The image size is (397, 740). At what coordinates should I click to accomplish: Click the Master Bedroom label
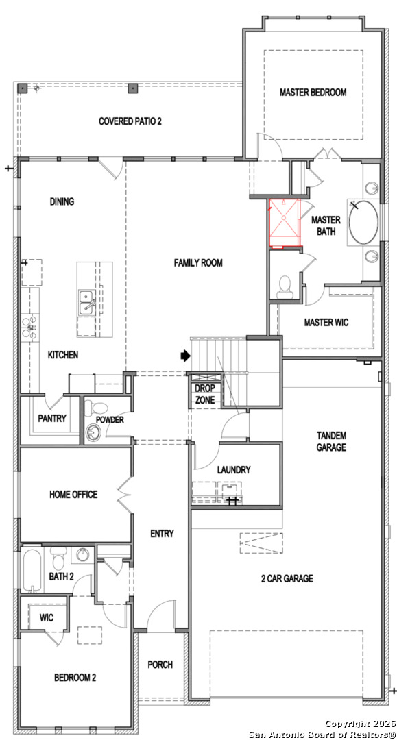pyautogui.click(x=313, y=92)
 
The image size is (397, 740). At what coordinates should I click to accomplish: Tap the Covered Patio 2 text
pyautogui.click(x=130, y=121)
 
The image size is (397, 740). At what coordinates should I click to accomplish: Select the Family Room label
pyautogui.click(x=198, y=263)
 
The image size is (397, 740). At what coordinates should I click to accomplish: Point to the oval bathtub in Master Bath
pyautogui.click(x=363, y=222)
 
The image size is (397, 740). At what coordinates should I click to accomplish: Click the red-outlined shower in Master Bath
pyautogui.click(x=285, y=223)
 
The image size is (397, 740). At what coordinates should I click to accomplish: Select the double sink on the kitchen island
pyautogui.click(x=86, y=302)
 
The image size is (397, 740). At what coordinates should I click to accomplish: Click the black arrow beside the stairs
pyautogui.click(x=185, y=356)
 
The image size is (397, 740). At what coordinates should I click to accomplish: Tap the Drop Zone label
pyautogui.click(x=205, y=394)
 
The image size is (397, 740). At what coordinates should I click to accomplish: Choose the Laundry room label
pyautogui.click(x=234, y=470)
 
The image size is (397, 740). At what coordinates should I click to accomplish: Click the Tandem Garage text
pyautogui.click(x=331, y=441)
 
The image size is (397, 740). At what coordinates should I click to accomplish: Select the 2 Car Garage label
pyautogui.click(x=287, y=578)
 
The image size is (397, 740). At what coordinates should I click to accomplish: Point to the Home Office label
pyautogui.click(x=73, y=495)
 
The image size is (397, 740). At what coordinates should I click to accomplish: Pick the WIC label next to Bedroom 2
pyautogui.click(x=46, y=618)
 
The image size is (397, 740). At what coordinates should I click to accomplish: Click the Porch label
pyautogui.click(x=160, y=665)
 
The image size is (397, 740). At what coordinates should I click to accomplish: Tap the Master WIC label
pyautogui.click(x=326, y=323)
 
